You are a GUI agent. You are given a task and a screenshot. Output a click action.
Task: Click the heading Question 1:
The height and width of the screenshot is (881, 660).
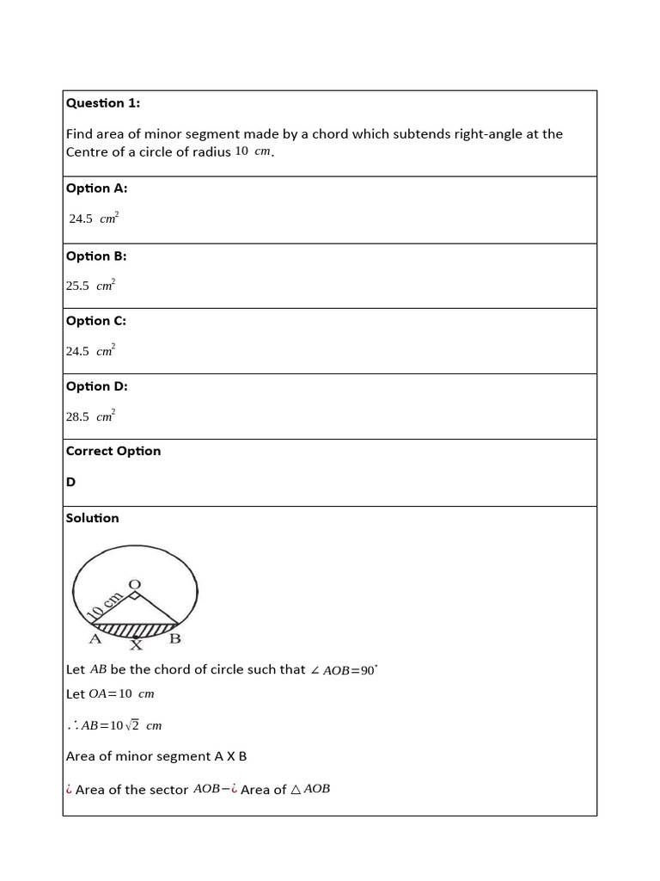coord(103,103)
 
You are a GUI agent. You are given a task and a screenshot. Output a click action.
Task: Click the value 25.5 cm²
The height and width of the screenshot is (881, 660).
coord(90,286)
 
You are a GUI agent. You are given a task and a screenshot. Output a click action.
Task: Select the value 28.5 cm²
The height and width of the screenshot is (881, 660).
coord(90,416)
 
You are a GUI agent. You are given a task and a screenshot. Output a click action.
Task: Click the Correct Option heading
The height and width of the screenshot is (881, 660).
coord(113,451)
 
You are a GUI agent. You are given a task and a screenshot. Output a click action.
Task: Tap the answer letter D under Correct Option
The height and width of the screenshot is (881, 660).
coord(71,483)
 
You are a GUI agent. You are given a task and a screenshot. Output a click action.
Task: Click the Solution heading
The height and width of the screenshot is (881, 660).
coord(93,518)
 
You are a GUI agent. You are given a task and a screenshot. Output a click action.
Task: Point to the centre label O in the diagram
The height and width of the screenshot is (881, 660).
coord(134,585)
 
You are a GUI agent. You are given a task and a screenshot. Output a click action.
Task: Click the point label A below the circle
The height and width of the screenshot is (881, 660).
coord(95,639)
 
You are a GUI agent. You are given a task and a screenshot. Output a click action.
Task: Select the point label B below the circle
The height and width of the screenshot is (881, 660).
coord(174,639)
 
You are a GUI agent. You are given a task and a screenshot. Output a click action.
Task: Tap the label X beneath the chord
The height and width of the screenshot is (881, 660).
coord(135,644)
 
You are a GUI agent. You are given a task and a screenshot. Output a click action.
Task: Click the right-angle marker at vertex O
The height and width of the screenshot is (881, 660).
coord(134,595)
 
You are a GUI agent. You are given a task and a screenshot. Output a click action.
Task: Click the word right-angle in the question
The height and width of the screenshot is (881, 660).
coord(467,134)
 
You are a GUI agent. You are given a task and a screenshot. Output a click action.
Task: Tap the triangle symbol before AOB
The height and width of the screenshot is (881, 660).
coord(296,789)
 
